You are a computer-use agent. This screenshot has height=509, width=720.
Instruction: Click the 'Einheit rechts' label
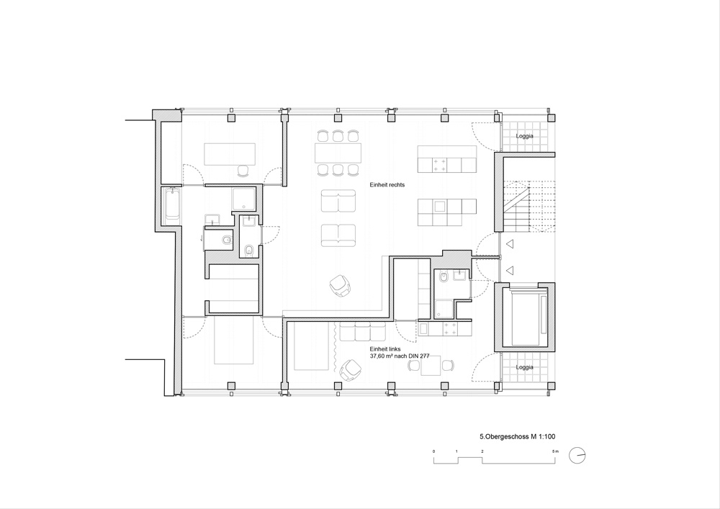pos(387,185)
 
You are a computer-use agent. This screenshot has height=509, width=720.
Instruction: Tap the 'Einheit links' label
pos(384,349)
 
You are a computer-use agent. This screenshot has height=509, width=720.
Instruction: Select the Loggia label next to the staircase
pos(524,136)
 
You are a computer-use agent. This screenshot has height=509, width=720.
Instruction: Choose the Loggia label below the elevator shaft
pos(524,367)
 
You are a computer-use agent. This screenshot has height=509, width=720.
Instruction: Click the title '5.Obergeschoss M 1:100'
pos(518,437)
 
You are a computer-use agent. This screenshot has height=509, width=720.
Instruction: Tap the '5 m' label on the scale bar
pos(556,451)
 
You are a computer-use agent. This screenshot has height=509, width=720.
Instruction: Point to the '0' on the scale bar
pos(434,451)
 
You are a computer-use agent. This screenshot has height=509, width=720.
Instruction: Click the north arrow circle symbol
pos(577,456)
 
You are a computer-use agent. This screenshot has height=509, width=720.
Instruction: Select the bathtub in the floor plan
pos(172,203)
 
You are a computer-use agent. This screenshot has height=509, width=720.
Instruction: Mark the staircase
pos(529,202)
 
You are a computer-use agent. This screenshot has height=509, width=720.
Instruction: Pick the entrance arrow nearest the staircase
pos(509,244)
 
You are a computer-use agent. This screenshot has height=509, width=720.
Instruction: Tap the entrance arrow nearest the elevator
pos(509,270)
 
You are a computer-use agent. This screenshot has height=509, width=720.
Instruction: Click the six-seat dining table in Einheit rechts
pos(338,153)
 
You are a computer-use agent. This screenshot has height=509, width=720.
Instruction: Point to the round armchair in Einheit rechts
pos(341,284)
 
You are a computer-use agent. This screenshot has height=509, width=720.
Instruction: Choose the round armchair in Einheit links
pos(351,370)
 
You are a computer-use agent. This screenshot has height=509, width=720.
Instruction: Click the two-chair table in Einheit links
pos(431,365)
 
